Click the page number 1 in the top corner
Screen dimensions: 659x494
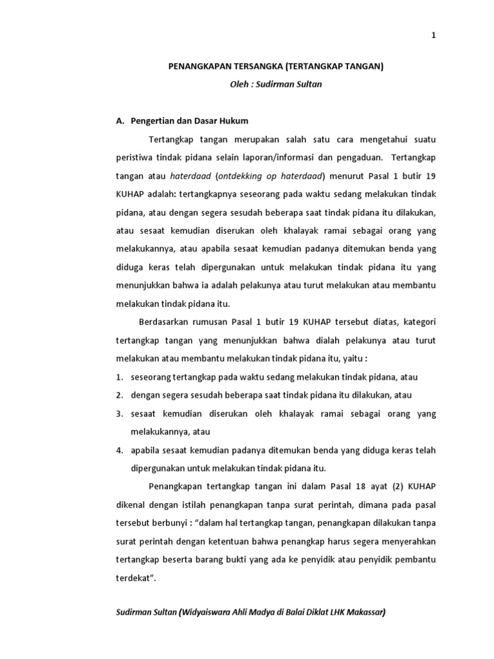tap(434, 36)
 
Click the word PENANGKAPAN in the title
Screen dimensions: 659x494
tap(197, 66)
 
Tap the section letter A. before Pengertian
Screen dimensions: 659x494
tap(120, 120)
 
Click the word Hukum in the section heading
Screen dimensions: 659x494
tap(234, 120)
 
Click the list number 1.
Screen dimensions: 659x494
tap(119, 377)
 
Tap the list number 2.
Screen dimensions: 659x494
tap(119, 395)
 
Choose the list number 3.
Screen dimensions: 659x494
tap(119, 413)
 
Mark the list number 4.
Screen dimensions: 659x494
tap(119, 450)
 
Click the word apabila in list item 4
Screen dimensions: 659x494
tap(144, 450)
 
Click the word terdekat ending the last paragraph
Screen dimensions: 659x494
tap(134, 578)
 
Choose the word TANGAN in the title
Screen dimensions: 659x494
tap(363, 66)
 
